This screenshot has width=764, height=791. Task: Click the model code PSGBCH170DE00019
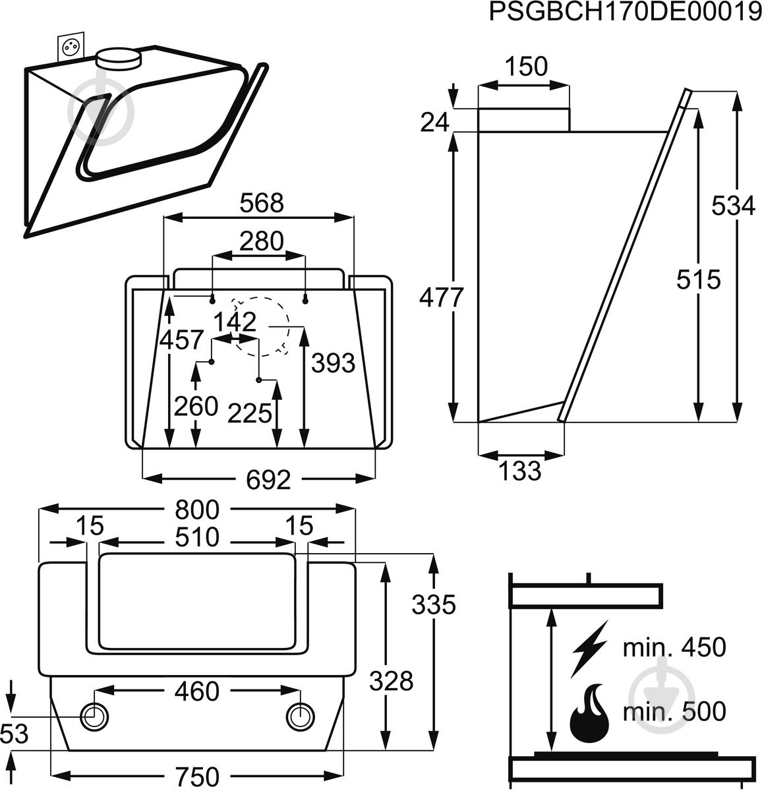(x=625, y=13)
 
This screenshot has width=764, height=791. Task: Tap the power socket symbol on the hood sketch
(x=71, y=47)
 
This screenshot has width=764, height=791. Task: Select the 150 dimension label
(x=526, y=67)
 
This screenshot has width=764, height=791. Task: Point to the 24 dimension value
(x=434, y=122)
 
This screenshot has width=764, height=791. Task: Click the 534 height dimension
(x=733, y=206)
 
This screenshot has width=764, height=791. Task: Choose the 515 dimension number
(x=699, y=280)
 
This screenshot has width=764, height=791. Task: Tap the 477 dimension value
(x=442, y=298)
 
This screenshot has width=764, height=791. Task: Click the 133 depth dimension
(x=521, y=471)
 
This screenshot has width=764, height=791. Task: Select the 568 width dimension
(x=261, y=203)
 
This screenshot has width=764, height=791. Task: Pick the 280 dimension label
(x=261, y=241)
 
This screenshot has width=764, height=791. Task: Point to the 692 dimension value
(x=268, y=480)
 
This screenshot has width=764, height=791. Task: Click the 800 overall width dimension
(x=196, y=510)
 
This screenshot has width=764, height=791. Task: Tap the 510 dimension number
(x=198, y=539)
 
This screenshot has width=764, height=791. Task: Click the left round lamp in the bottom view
(x=94, y=717)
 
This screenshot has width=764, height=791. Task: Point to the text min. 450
(x=674, y=647)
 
